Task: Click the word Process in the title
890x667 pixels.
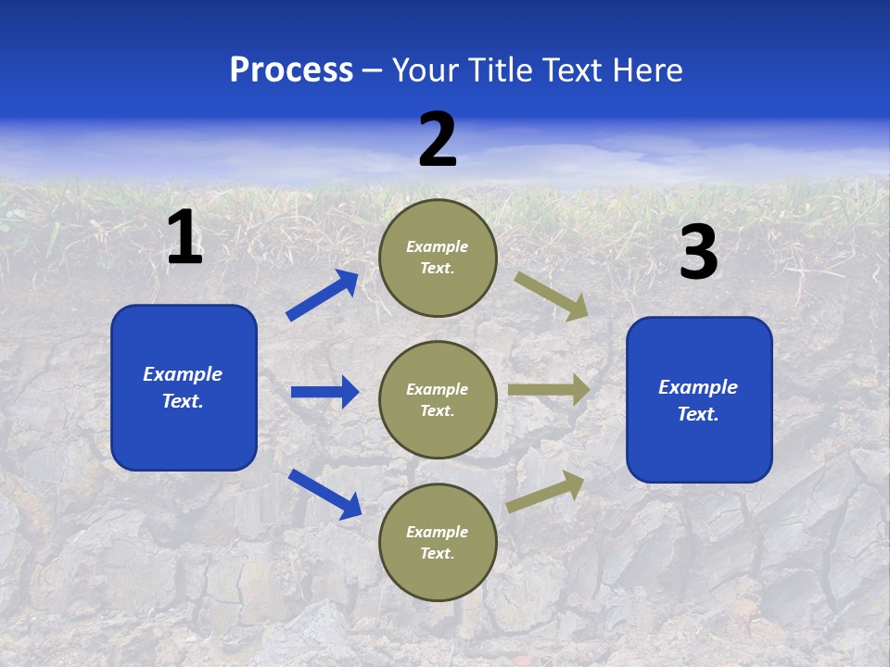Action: [x=291, y=70]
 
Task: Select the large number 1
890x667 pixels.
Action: [x=184, y=237]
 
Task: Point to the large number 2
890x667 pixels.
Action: [x=438, y=140]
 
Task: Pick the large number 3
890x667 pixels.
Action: [x=698, y=253]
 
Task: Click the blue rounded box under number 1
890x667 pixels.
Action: [x=184, y=387]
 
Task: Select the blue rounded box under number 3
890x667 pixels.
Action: [x=699, y=400]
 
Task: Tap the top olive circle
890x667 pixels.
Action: [x=438, y=258]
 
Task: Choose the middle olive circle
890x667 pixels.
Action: [x=438, y=400]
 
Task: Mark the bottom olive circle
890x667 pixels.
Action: [x=438, y=543]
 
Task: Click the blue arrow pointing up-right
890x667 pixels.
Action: [x=323, y=296]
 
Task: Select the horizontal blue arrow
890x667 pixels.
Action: [x=324, y=392]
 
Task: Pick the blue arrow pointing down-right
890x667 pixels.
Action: [x=324, y=493]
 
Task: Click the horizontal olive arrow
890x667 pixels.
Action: [x=549, y=390]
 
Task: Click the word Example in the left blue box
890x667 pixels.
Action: [x=183, y=374]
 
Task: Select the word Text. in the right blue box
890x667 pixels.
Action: [x=698, y=414]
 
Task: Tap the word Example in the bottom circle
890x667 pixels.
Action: [x=438, y=532]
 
